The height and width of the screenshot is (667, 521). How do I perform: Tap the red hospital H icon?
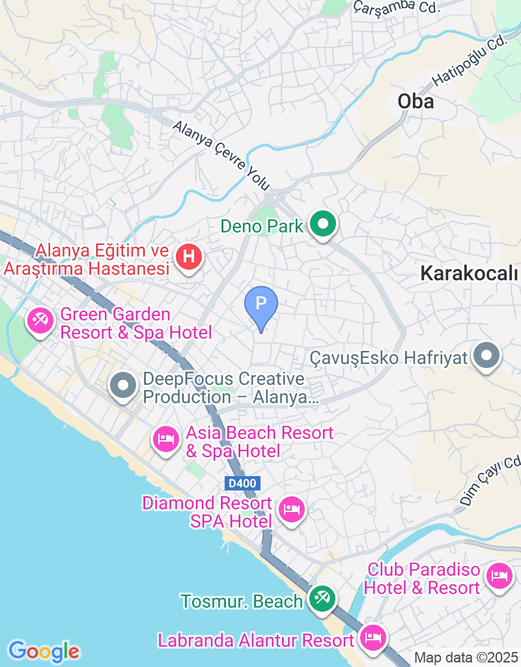tap(188, 255)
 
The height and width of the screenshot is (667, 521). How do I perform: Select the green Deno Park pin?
tap(322, 225)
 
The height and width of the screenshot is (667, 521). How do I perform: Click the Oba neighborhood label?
tap(415, 102)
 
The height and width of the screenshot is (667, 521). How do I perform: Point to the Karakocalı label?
tap(469, 274)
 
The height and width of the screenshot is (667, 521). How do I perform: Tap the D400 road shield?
tap(244, 483)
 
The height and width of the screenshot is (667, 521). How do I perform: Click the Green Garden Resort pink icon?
tap(41, 320)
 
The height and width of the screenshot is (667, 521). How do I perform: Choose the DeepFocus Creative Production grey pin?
tap(123, 386)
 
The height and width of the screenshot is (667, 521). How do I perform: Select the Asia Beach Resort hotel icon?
tap(166, 440)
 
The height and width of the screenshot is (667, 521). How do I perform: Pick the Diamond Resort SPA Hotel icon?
tap(291, 509)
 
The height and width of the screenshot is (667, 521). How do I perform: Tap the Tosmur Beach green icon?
tap(322, 599)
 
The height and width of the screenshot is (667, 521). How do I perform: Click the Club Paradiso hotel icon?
tap(500, 576)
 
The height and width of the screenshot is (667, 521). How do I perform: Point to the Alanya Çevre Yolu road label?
tap(221, 155)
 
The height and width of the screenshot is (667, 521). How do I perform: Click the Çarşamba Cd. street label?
tap(397, 7)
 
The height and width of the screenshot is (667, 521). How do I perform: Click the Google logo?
tap(44, 651)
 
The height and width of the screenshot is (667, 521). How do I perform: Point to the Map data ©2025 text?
tap(467, 658)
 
